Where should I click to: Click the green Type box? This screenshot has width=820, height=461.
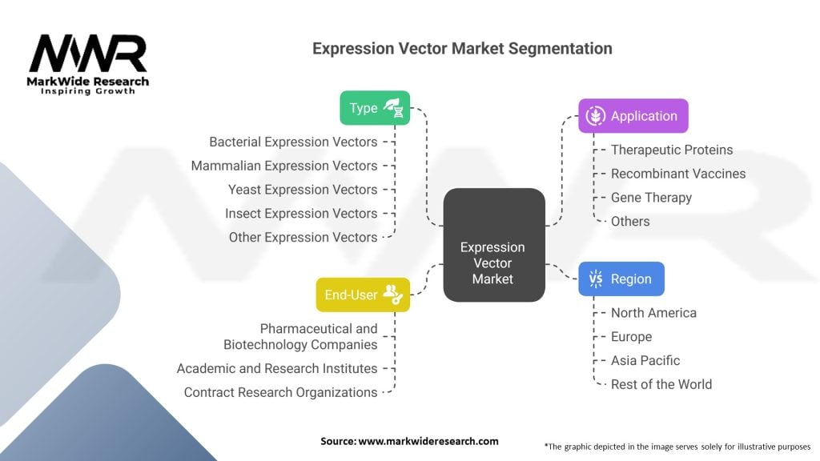point(375,108)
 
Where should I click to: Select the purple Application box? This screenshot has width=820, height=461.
point(633,116)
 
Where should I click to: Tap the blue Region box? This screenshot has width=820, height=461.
point(621,279)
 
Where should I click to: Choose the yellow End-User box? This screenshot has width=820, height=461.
point(363,295)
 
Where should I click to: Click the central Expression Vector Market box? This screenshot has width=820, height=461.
point(494,245)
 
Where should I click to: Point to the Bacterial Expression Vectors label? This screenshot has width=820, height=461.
point(293,142)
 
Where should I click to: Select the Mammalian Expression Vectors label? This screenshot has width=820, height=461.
point(284,166)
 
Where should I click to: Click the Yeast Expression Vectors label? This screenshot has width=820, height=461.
point(303,190)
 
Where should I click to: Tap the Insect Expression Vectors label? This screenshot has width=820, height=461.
point(301,213)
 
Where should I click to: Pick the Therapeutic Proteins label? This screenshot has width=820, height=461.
point(672,150)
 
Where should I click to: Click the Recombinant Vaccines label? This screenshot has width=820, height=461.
point(678,174)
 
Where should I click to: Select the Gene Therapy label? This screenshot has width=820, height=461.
point(651,198)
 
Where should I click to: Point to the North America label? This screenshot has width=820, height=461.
point(653,313)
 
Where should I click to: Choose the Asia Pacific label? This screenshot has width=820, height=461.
point(645,361)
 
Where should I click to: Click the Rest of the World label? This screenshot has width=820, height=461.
point(661,385)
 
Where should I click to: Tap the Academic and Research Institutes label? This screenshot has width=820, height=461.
point(277,368)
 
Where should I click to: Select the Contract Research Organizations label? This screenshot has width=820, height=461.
point(281,392)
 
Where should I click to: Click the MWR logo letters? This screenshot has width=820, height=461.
point(88,54)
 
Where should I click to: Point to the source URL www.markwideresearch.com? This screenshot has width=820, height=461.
point(428,441)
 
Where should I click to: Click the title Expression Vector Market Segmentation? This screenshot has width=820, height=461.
point(462,49)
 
